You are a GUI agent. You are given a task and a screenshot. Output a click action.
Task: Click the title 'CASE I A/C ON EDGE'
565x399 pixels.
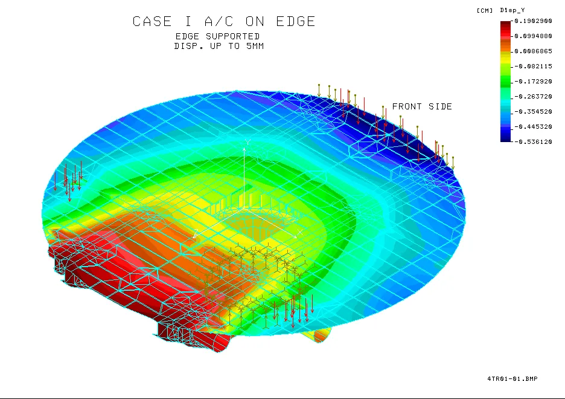224,21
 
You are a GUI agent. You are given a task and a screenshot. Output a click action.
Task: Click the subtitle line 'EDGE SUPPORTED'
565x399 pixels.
217,36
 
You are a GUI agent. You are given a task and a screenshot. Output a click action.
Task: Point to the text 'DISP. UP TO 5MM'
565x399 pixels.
219,46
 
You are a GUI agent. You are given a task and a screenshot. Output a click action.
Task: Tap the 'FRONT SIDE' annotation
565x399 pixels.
422,106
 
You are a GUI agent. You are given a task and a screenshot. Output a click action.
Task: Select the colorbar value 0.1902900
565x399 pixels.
533,21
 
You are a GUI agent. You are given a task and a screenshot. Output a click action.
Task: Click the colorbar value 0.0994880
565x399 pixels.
533,36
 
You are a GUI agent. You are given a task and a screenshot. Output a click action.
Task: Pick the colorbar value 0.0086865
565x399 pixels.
533,51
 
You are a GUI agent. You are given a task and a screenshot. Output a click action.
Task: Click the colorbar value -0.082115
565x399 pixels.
533,66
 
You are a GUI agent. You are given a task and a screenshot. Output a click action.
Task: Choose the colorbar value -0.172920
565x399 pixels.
533,82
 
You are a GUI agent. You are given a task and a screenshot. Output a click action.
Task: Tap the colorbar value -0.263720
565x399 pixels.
533,97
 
